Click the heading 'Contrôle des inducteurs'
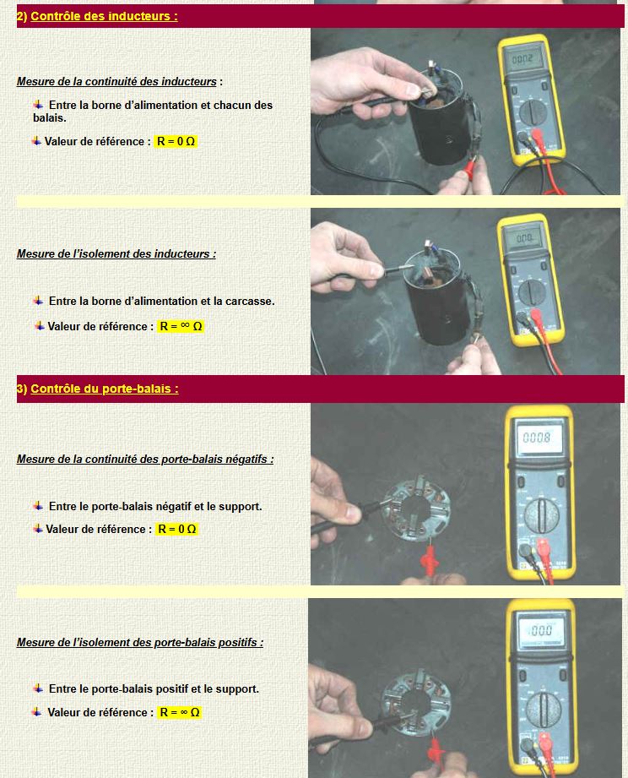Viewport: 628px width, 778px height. tap(104, 16)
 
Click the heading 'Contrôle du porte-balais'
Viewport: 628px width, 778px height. tap(105, 389)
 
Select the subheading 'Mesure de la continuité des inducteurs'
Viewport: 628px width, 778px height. tap(116, 81)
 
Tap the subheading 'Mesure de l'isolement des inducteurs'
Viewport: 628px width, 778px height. tap(116, 253)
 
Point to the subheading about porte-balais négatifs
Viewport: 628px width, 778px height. tap(145, 459)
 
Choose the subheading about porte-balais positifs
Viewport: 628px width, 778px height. tap(140, 642)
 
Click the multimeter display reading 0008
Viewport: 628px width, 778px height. tap(537, 438)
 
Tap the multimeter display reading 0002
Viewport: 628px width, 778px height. tap(522, 59)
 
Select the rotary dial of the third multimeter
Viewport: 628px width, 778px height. tap(542, 514)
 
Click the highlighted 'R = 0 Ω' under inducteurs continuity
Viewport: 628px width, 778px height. tap(176, 141)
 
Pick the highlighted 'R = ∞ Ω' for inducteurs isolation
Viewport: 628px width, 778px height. tap(181, 326)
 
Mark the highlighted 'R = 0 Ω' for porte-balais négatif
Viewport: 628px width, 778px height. tap(177, 529)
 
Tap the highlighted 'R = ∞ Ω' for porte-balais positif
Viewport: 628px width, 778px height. tap(180, 712)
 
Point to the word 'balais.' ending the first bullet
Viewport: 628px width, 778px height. tap(50, 118)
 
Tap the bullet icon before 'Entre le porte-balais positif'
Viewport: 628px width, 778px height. tap(38, 688)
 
